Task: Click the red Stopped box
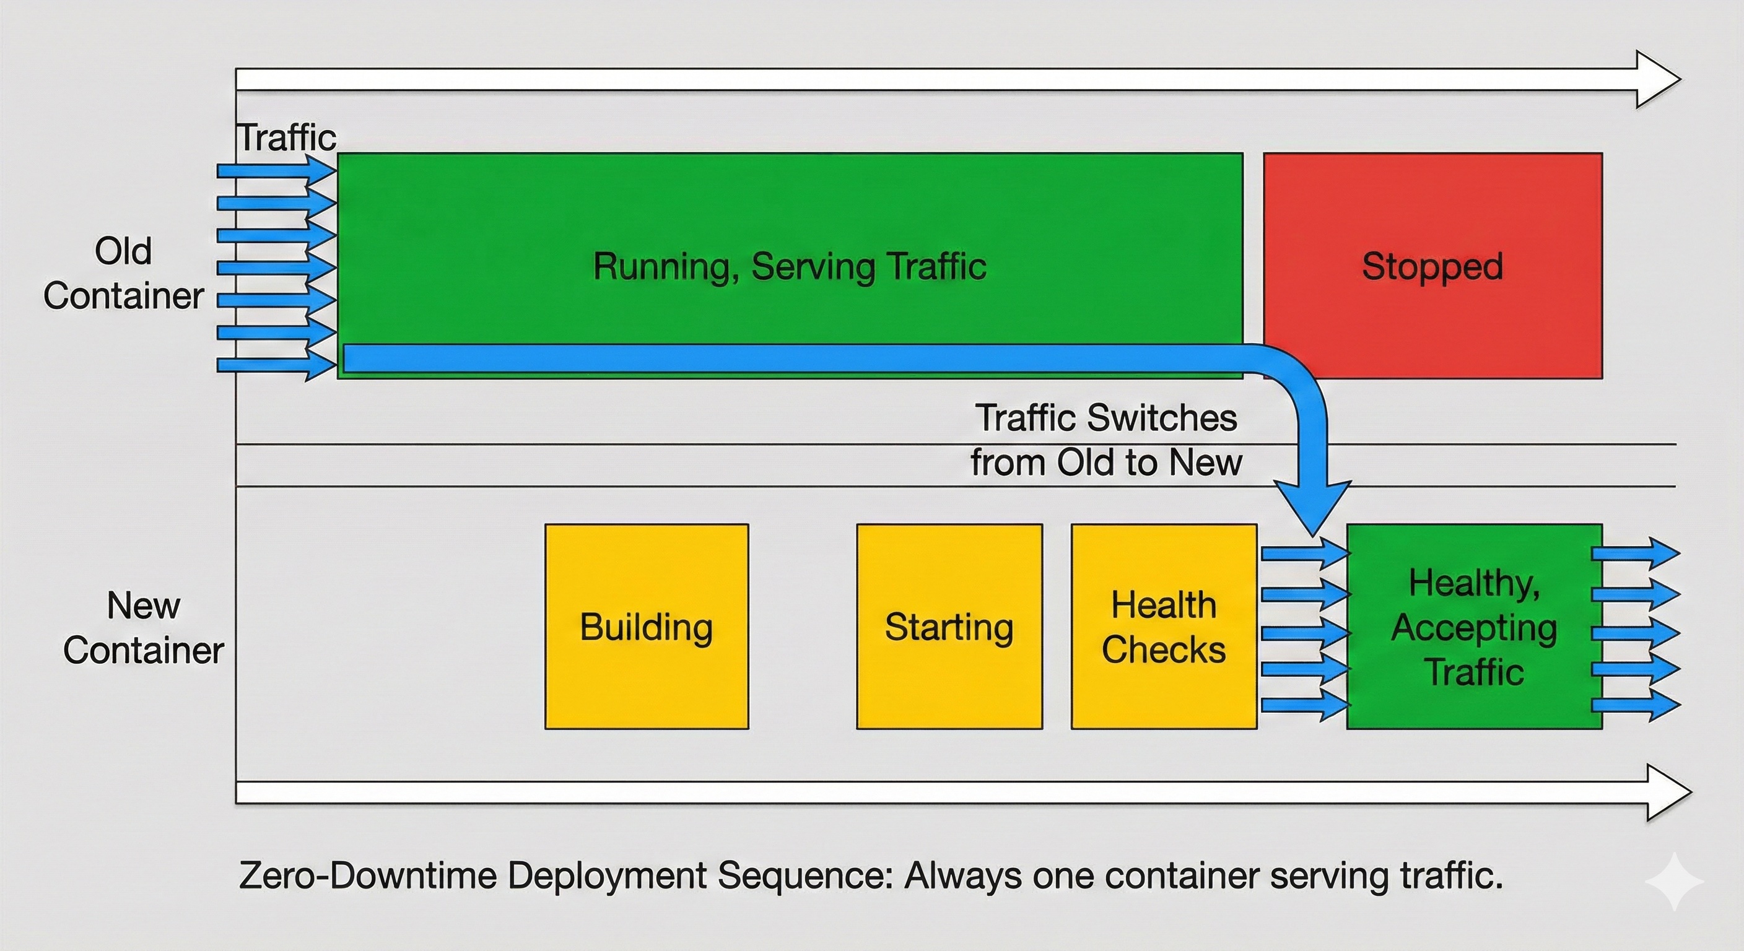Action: click(x=1432, y=266)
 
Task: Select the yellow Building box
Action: click(x=647, y=626)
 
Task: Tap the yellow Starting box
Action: click(x=949, y=626)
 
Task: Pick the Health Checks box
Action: click(x=1164, y=626)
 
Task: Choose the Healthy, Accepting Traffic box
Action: click(x=1475, y=626)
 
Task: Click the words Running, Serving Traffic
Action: click(x=790, y=266)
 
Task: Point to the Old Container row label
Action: click(x=123, y=274)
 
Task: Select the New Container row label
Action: click(x=144, y=627)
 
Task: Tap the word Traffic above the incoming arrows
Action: click(x=286, y=138)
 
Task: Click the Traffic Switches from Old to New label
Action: click(x=1106, y=440)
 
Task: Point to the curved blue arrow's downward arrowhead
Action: click(x=1313, y=508)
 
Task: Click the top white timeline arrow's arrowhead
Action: click(x=1657, y=79)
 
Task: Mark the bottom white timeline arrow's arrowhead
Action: click(x=1668, y=792)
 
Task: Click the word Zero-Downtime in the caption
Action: click(x=368, y=876)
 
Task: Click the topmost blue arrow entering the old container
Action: click(x=276, y=170)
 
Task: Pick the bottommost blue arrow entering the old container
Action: click(x=276, y=365)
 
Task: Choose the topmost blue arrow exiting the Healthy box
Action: click(x=1636, y=554)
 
